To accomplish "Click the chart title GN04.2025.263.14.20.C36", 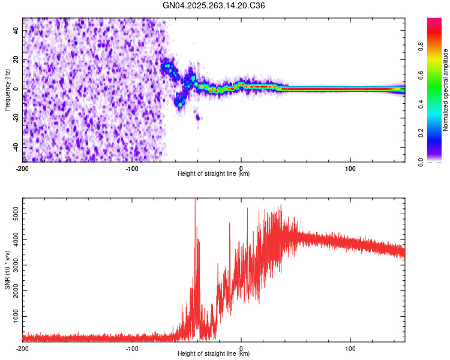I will click(x=214, y=5).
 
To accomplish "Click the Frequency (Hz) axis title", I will click(x=7, y=89).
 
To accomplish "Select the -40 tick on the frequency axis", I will click(x=15, y=146).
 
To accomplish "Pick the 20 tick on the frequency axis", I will click(x=16, y=60).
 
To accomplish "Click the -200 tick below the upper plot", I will click(x=23, y=168).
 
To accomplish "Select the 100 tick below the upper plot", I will click(x=350, y=168).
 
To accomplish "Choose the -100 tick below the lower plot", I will click(x=132, y=348).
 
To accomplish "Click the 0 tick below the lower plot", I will click(x=241, y=348).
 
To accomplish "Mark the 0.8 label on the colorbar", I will click(x=437, y=47).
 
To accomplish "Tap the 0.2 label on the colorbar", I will click(x=437, y=134).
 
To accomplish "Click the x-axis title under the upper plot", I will click(x=214, y=174).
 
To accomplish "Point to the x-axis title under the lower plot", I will click(x=214, y=354).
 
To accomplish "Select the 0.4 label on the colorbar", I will click(x=437, y=105).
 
